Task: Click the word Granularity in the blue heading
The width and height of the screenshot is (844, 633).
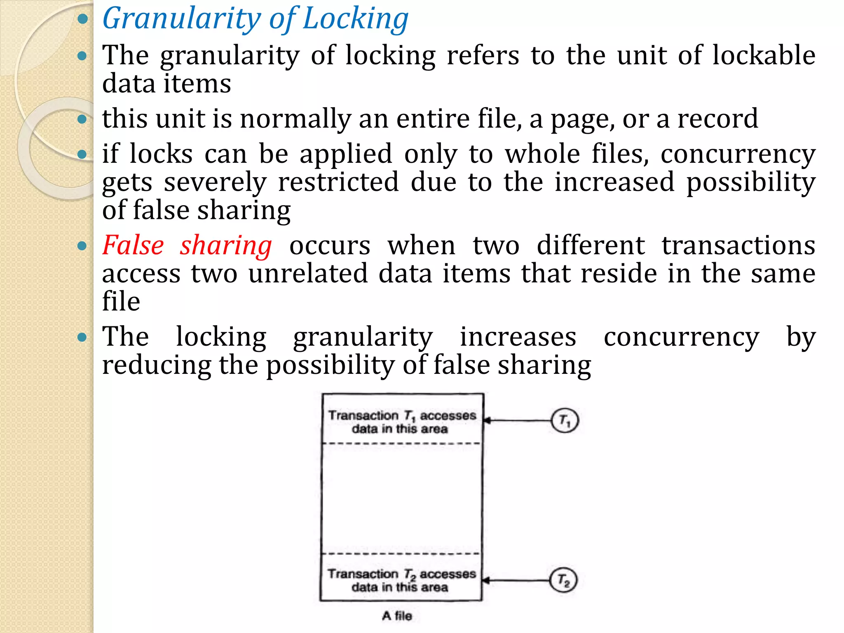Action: pyautogui.click(x=181, y=19)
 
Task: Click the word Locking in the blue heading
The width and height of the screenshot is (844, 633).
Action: pyautogui.click(x=355, y=19)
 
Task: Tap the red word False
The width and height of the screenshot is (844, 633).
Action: pyautogui.click(x=133, y=246)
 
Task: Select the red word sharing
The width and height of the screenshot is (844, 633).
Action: pyautogui.click(x=226, y=246)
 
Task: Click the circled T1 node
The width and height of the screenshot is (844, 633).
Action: pyautogui.click(x=565, y=420)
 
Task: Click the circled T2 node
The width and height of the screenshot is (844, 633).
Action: pyautogui.click(x=563, y=580)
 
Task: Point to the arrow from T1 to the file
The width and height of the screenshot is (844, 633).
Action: pyautogui.click(x=517, y=420)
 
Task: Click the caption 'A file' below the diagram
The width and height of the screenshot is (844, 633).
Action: pyautogui.click(x=397, y=616)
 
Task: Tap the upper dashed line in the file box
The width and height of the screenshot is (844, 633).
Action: pyautogui.click(x=401, y=443)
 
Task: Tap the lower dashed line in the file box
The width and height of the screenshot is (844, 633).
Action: pyautogui.click(x=401, y=553)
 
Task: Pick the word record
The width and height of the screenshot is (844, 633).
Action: pyautogui.click(x=717, y=119)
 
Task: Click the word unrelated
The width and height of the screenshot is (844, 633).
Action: pyautogui.click(x=308, y=274)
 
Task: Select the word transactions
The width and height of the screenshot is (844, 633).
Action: pyautogui.click(x=738, y=246)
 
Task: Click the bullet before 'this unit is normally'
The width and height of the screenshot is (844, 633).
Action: pyautogui.click(x=82, y=119)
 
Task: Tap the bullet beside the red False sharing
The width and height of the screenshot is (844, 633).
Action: pyautogui.click(x=82, y=246)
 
